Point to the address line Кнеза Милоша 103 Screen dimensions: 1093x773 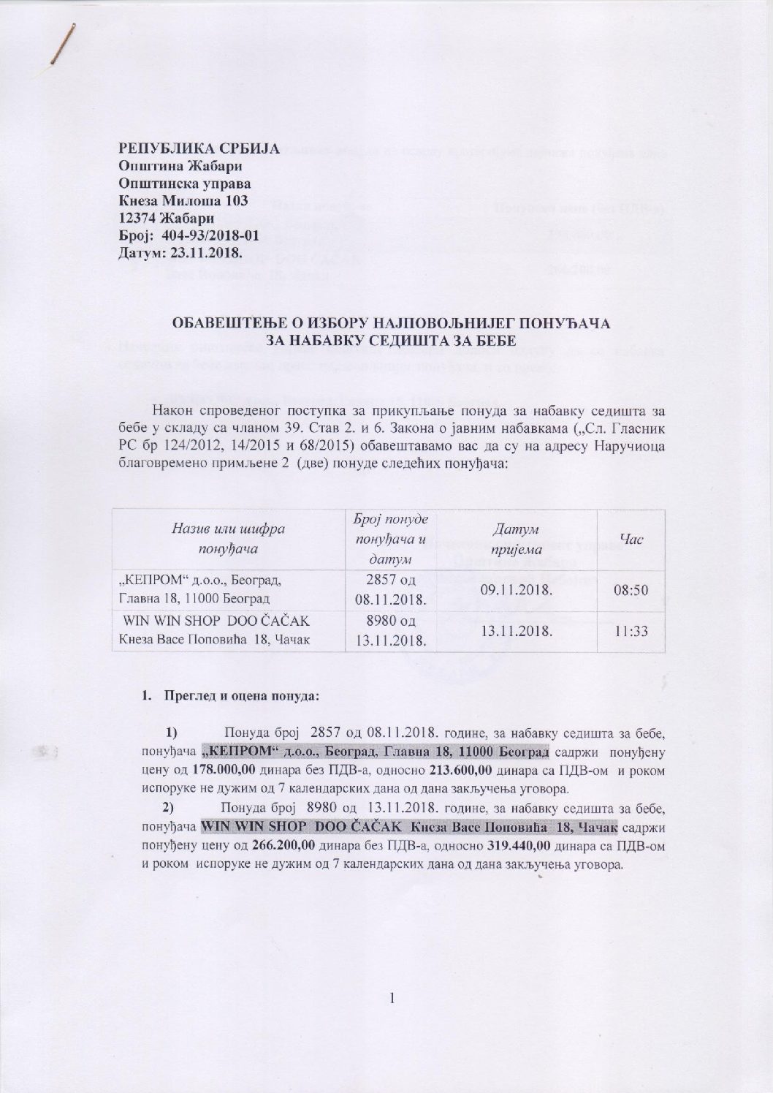(183, 200)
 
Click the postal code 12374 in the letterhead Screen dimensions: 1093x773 (140, 219)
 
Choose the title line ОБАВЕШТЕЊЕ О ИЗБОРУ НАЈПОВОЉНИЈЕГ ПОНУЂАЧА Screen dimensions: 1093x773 (391, 322)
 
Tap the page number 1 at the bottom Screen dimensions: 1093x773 (392, 999)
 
